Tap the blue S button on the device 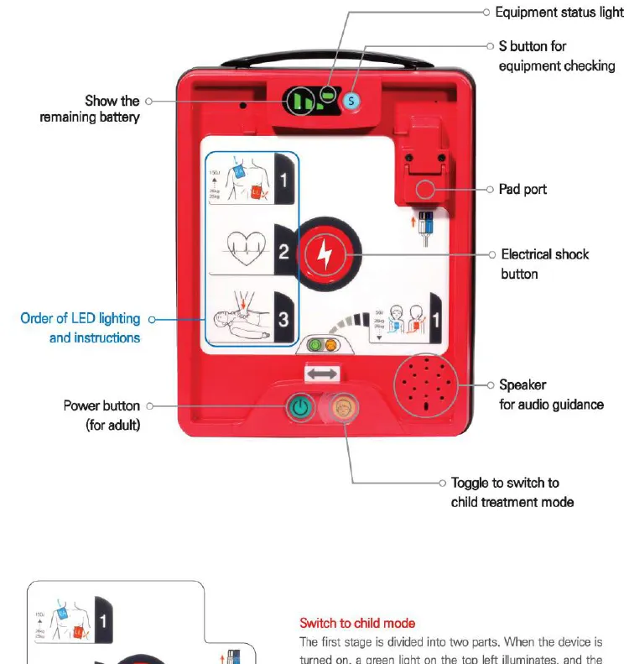[352, 101]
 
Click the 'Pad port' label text [522, 190]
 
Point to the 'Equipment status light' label [559, 13]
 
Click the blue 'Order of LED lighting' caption [80, 328]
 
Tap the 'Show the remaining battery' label [91, 109]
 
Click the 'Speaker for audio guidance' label [550, 395]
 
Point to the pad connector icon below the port [426, 228]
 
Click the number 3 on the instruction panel [283, 318]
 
